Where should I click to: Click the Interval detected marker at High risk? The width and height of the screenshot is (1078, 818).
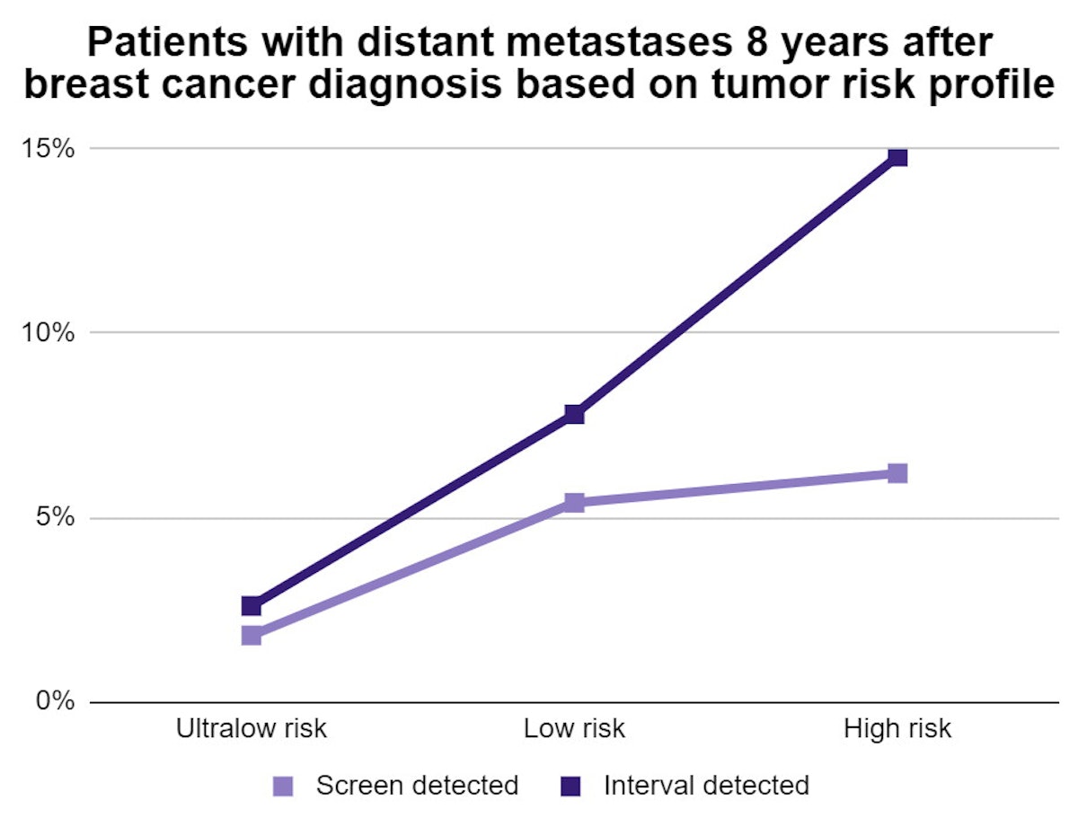pos(897,157)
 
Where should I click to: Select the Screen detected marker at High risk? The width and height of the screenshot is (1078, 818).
pos(897,473)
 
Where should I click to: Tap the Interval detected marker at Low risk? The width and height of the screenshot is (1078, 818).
pos(574,414)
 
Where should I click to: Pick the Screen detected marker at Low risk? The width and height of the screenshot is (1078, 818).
pos(574,502)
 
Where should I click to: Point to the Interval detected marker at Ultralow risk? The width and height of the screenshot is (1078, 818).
pos(252,606)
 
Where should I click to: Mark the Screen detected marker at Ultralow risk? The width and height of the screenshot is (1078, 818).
pos(252,636)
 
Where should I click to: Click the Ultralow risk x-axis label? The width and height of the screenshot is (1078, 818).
pos(252,728)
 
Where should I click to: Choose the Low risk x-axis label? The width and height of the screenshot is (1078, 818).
pos(574,728)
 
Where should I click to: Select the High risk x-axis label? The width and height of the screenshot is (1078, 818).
pos(897,728)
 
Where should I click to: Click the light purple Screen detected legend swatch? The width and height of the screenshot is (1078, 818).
pos(284,787)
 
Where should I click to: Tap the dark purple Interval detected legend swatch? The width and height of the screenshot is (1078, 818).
pos(571,787)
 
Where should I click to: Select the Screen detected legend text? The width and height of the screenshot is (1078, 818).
pos(417,786)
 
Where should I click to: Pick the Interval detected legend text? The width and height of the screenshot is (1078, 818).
pos(706,786)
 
